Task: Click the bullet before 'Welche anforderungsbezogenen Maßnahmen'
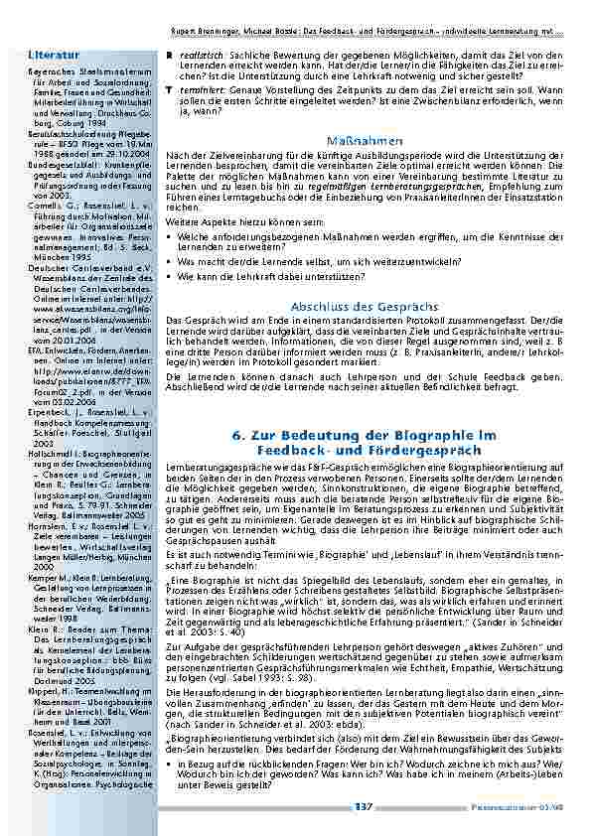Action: coord(170,238)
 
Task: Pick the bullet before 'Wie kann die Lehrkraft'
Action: coord(170,276)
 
